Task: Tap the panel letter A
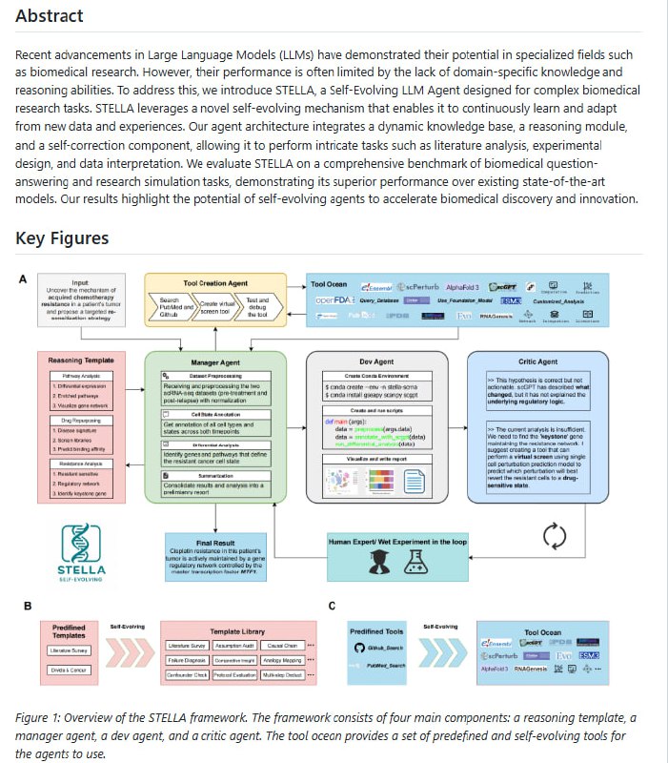click(x=23, y=279)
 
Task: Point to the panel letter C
click(x=331, y=605)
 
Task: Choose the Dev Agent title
click(x=374, y=362)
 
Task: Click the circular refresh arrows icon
click(x=555, y=536)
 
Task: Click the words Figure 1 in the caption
click(x=38, y=716)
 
